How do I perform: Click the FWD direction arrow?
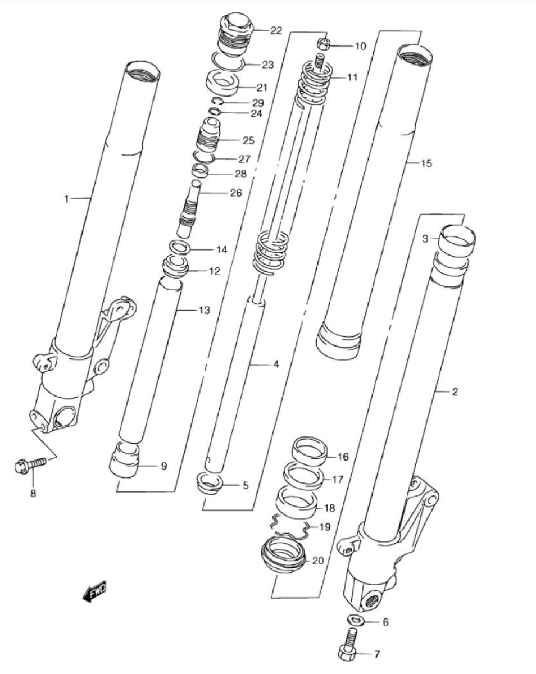(x=94, y=591)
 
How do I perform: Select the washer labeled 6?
(x=355, y=620)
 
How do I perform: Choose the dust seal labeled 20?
(x=283, y=555)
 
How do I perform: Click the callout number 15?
(x=426, y=163)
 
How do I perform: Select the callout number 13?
(x=204, y=311)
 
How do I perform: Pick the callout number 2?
(x=455, y=391)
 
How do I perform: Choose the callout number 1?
(x=66, y=199)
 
